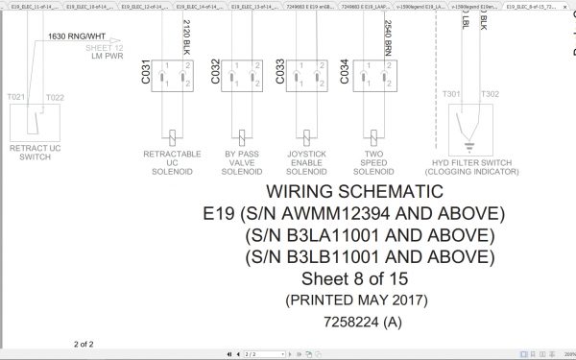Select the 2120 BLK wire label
pos(185,36)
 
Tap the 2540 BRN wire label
pos(387,36)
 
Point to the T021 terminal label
pos(16,97)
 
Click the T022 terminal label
pos(55,97)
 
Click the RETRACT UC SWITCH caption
pos(35,154)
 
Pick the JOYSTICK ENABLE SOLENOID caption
pos(307,162)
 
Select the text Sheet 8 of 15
pos(354,278)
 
